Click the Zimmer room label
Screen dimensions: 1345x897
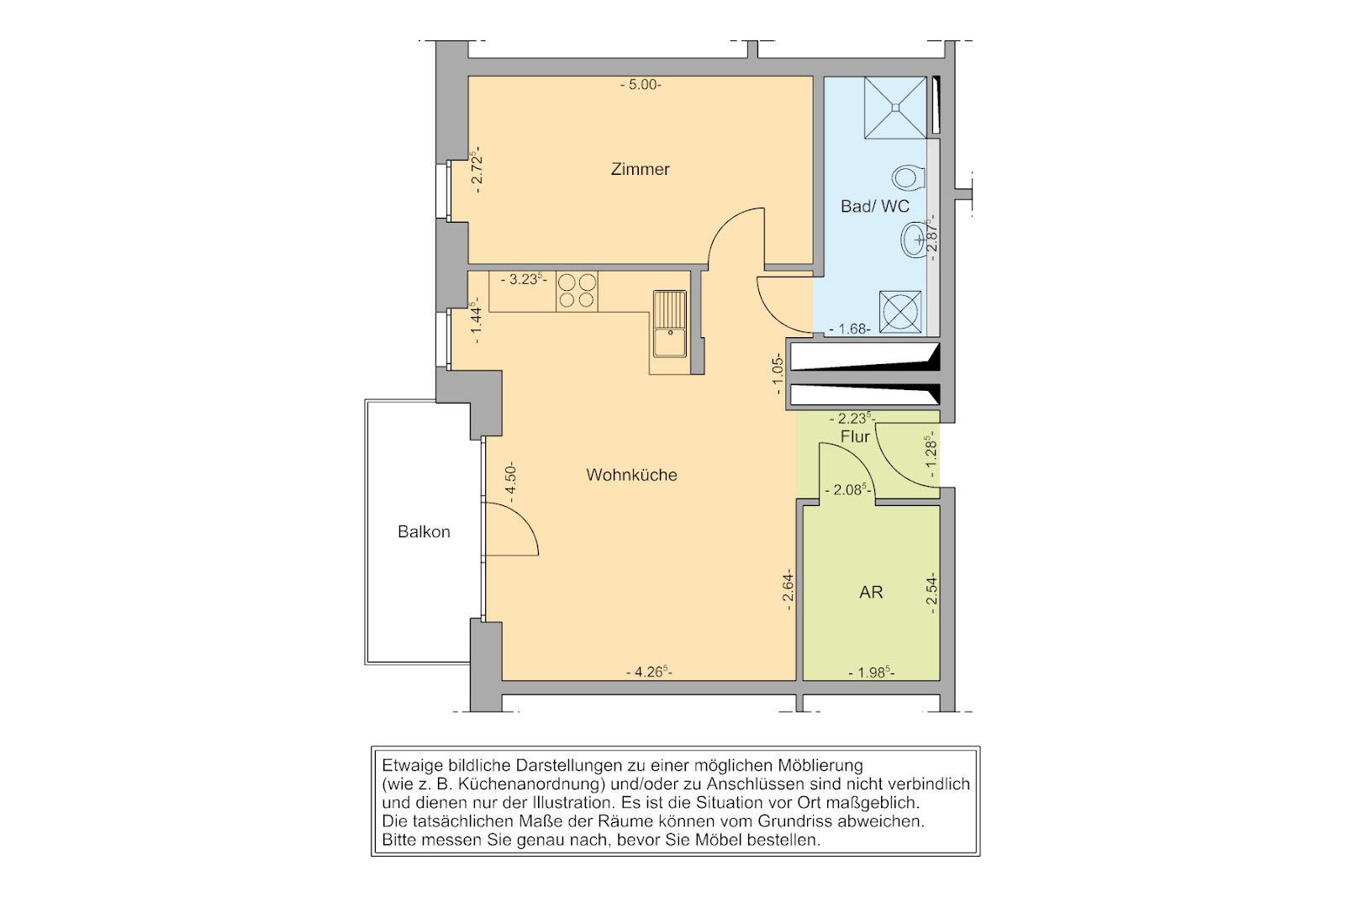640,169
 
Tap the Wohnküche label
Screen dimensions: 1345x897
631,475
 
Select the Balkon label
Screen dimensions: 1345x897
424,532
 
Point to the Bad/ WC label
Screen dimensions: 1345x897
875,207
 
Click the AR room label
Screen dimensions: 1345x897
871,593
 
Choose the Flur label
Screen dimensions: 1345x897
855,436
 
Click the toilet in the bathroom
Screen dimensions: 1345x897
909,178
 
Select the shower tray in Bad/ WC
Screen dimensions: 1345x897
895,108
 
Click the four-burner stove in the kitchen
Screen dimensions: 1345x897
577,291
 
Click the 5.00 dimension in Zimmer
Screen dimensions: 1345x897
641,85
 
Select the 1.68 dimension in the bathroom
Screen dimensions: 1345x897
850,329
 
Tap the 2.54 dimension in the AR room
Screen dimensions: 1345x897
931,592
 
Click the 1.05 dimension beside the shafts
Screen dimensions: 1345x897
778,374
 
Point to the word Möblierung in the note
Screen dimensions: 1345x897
820,766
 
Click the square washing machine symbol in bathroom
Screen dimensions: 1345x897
900,312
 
